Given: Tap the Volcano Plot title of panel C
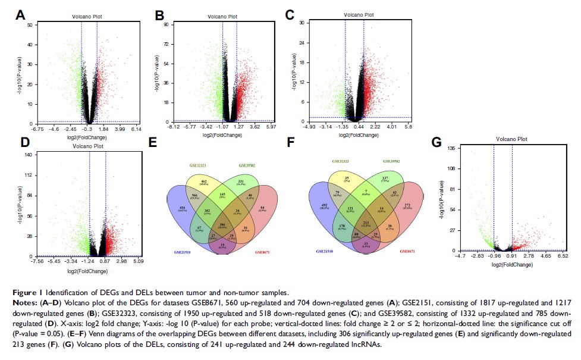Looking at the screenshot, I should click(360, 14).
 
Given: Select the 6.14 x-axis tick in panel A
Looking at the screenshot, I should click(136, 129).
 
